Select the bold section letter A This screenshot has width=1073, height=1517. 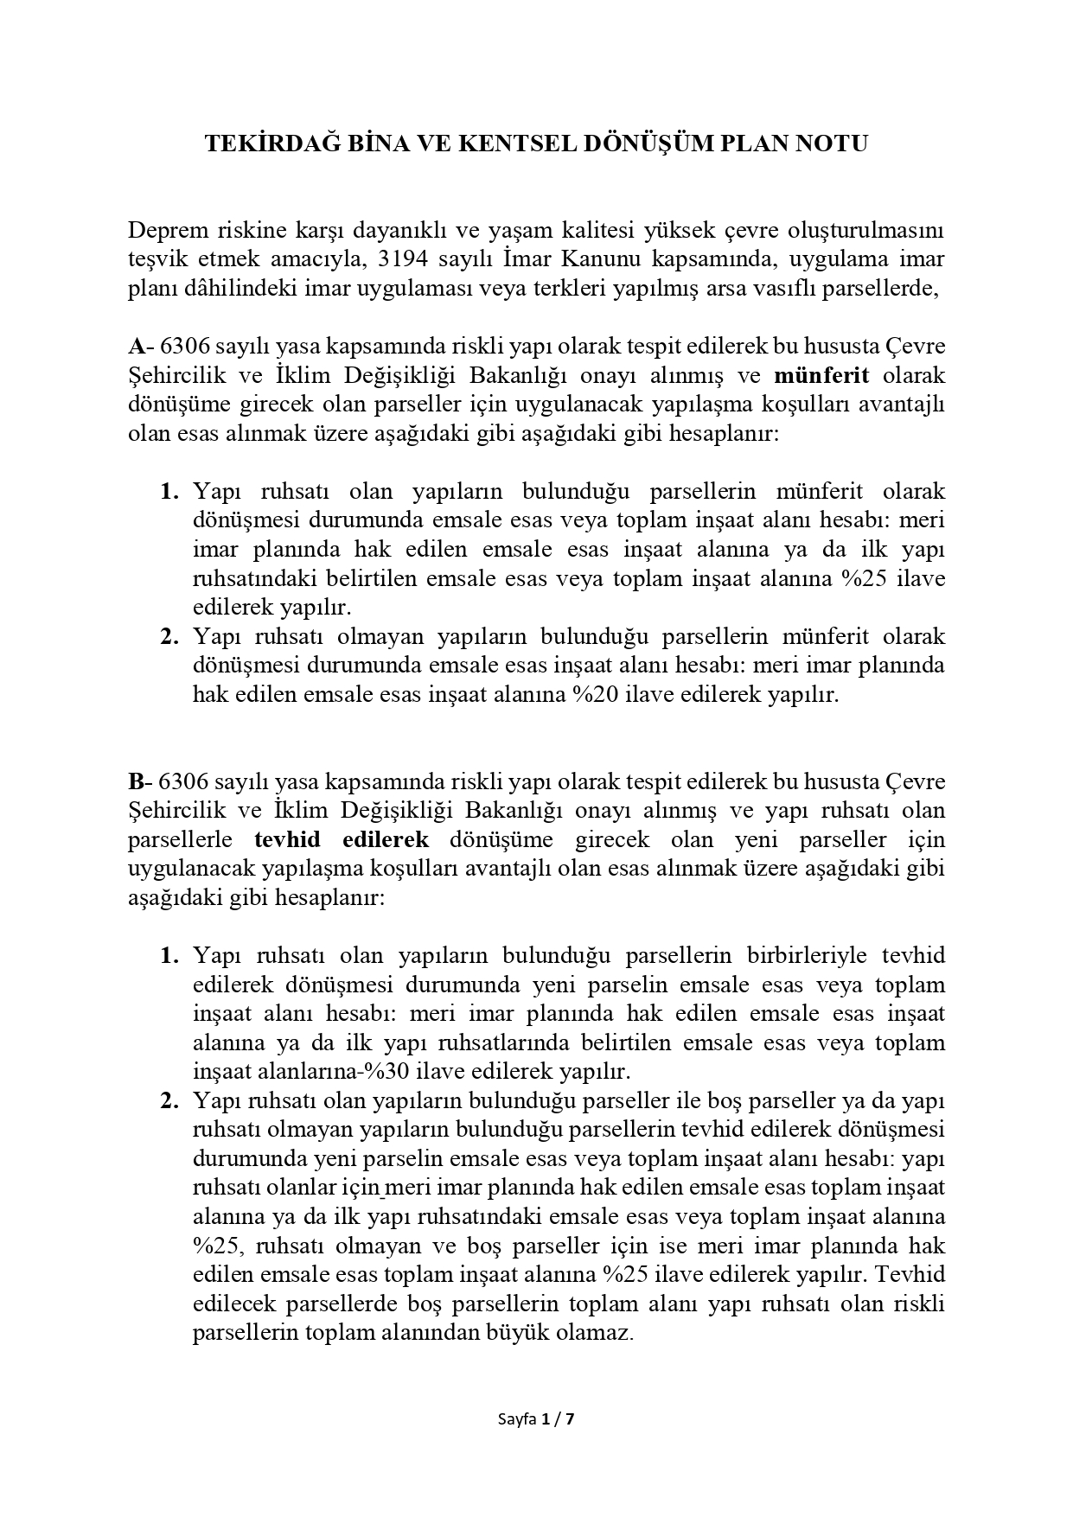(x=136, y=347)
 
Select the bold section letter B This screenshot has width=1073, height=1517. (x=136, y=781)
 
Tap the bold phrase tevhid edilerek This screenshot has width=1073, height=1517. (x=342, y=839)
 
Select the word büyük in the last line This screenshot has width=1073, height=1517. (x=508, y=1332)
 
